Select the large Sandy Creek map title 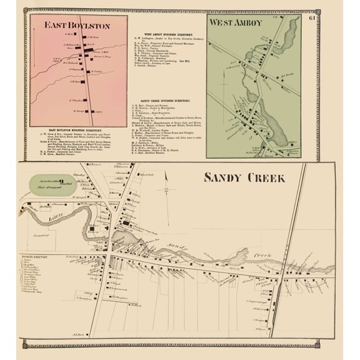244,177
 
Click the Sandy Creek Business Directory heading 166,101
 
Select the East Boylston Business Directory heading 78,128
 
